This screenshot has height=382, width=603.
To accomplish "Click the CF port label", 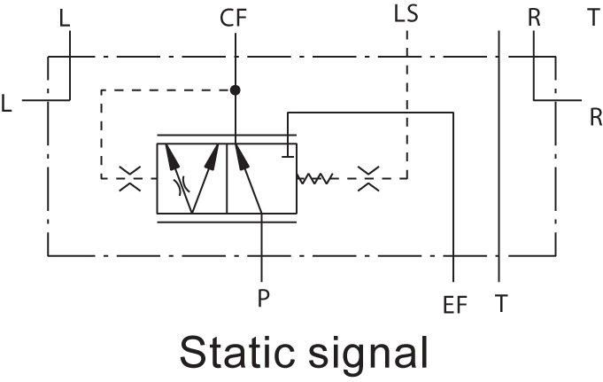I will pyautogui.click(x=235, y=17).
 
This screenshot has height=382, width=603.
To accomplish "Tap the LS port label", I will pyautogui.click(x=406, y=15).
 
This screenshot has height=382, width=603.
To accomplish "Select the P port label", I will pyautogui.click(x=263, y=298).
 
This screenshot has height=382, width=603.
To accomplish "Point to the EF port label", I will pyautogui.click(x=455, y=307).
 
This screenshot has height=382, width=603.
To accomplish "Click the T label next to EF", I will pyautogui.click(x=501, y=303).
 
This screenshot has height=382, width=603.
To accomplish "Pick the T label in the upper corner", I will pyautogui.click(x=592, y=17).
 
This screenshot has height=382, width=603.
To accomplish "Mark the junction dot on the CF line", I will pyautogui.click(x=236, y=90).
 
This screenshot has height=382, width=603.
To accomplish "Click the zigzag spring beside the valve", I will pyautogui.click(x=315, y=179).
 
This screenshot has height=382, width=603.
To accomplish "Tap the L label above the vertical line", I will pyautogui.click(x=63, y=17).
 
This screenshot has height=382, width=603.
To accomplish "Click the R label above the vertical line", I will pyautogui.click(x=534, y=17).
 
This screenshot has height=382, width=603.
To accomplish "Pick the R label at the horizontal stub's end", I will pyautogui.click(x=595, y=116).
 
